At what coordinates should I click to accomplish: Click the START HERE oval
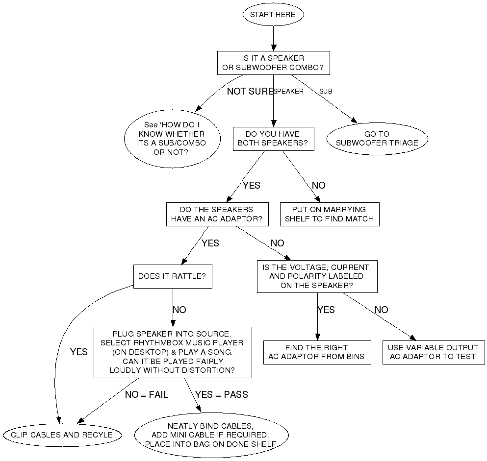coord(273,15)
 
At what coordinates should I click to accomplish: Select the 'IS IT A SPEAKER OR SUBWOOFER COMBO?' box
coord(273,63)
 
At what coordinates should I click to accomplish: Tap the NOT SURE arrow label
coord(250,91)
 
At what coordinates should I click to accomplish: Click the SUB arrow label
coord(326,91)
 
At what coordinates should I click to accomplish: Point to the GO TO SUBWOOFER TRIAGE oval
coord(377,139)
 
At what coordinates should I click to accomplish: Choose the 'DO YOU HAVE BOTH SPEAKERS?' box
coord(273,139)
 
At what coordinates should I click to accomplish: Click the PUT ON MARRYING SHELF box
coord(330,214)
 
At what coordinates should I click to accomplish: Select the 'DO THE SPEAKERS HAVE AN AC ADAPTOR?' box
coord(217,214)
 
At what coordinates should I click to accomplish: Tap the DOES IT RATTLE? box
coord(172,276)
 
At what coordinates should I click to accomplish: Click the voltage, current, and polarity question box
coord(317,276)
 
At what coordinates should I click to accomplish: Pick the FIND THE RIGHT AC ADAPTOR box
coord(316,352)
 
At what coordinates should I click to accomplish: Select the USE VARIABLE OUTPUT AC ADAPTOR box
coord(433,352)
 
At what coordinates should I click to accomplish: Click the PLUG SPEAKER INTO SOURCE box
coord(172,352)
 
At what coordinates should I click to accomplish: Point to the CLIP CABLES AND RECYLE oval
coord(62,435)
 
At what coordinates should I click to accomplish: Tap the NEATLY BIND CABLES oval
coord(211,435)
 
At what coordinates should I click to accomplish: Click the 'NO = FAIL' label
coord(146,394)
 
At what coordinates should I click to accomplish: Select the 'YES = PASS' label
coord(221,394)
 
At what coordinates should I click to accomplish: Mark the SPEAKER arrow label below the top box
coord(289,91)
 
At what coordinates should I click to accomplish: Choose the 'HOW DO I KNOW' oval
coord(172,139)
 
